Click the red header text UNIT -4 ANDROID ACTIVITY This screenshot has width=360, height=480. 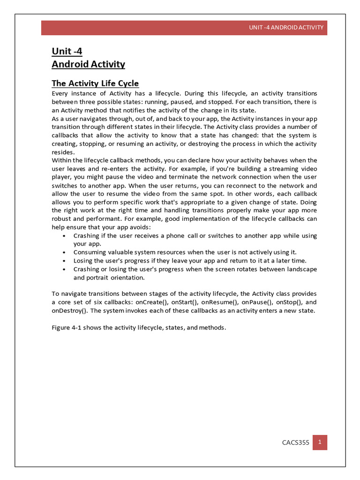[286, 27]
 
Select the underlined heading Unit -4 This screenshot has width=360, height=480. [67, 51]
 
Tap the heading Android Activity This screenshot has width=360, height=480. [88, 64]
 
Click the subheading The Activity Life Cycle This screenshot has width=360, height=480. [95, 83]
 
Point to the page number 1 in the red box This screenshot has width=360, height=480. [320, 442]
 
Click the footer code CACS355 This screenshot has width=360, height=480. [295, 442]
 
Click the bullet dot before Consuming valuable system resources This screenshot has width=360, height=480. [63, 252]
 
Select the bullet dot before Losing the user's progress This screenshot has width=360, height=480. [63, 261]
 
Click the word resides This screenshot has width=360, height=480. [62, 152]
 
